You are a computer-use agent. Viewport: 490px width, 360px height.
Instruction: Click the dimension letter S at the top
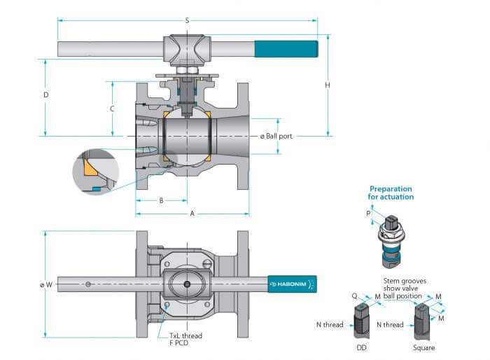pos(187,20)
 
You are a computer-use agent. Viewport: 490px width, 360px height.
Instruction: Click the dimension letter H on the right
pos(328,85)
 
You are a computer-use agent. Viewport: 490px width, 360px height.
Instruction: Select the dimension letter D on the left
pos(46,95)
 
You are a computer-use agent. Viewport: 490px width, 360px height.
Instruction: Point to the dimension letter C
pos(112,109)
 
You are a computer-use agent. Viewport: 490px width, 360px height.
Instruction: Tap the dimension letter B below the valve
pos(161,200)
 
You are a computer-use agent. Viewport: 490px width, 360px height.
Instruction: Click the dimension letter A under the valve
pos(192,214)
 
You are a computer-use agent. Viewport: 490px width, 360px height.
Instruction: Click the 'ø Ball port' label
pos(276,137)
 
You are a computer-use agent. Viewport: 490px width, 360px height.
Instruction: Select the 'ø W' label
pos(46,284)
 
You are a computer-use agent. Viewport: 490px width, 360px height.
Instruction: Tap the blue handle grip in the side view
pos(286,49)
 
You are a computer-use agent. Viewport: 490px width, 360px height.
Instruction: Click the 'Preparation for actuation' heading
pos(391,193)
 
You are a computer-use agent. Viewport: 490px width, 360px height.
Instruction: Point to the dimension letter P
pos(368,214)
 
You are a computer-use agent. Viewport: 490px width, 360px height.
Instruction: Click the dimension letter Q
pos(354,296)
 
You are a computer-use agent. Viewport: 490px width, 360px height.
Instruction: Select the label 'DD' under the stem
pos(362,347)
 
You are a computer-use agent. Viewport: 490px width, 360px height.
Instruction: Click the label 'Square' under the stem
pos(423,348)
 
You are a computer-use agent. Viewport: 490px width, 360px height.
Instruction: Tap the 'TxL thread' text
pos(185,335)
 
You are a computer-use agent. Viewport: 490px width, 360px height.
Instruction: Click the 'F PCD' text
pos(178,343)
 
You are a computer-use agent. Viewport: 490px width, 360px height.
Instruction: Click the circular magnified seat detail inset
pos(96,172)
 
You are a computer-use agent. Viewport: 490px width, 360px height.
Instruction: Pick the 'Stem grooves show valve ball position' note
pos(405,289)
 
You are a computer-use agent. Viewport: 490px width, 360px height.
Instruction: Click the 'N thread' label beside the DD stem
pos(330,325)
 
